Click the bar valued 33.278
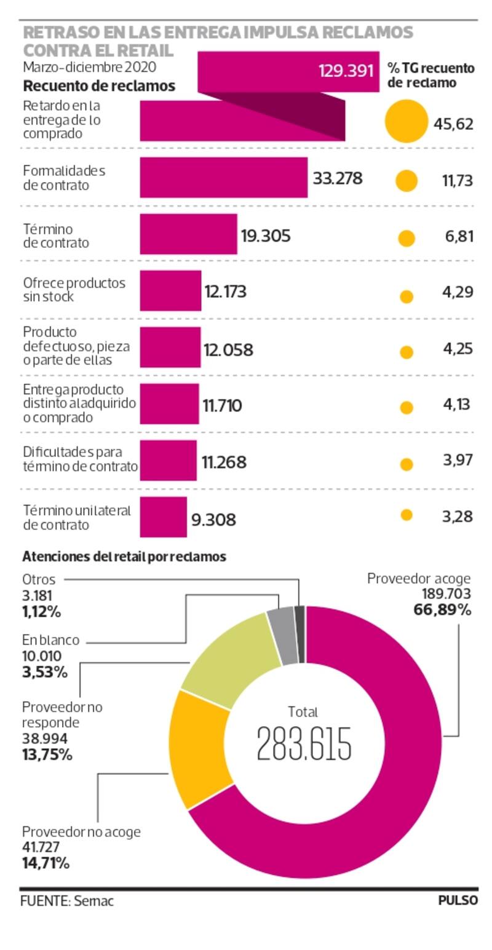click(223, 178)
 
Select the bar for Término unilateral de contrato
click(163, 517)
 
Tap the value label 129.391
click(346, 71)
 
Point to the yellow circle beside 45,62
click(406, 121)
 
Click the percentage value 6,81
click(458, 236)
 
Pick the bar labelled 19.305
click(188, 234)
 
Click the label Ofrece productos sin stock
click(74, 290)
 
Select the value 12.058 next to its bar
click(228, 350)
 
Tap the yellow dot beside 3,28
click(406, 515)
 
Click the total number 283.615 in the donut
click(304, 743)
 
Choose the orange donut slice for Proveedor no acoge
click(198, 748)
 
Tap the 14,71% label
click(46, 863)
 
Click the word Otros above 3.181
click(39, 579)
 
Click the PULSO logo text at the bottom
click(458, 900)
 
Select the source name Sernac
click(94, 901)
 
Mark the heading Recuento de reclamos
click(99, 86)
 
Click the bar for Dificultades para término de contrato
click(168, 460)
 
